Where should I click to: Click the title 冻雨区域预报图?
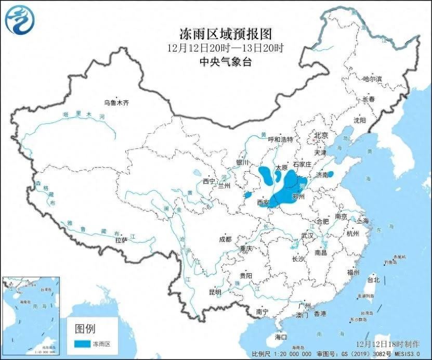(x=226, y=34)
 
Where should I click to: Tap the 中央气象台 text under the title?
(x=226, y=62)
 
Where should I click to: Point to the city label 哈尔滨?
(x=372, y=79)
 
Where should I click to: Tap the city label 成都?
(x=225, y=239)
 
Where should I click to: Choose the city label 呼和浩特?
(x=280, y=139)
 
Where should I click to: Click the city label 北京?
(x=321, y=135)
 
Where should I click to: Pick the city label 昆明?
(x=215, y=292)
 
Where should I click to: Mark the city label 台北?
(x=373, y=279)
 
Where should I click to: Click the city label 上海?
(x=362, y=221)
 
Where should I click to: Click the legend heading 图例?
(x=86, y=328)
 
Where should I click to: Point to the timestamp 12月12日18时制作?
(x=389, y=344)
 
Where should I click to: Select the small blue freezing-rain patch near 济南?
(x=331, y=174)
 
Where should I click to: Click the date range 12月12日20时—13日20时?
(x=226, y=48)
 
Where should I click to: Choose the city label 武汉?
(x=307, y=236)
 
